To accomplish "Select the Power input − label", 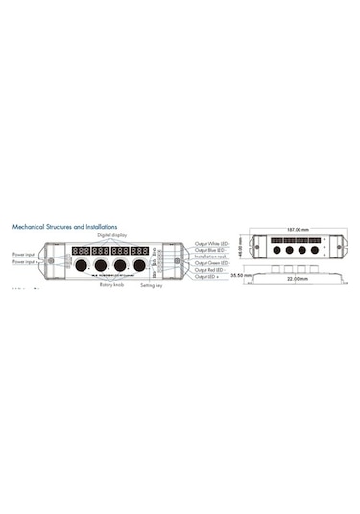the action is pyautogui.click(x=25, y=254).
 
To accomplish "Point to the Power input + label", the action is pyautogui.click(x=25, y=261).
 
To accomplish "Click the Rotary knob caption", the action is pyautogui.click(x=110, y=284).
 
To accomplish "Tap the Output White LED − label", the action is pyautogui.click(x=212, y=245).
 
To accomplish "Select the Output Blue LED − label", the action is pyautogui.click(x=211, y=252).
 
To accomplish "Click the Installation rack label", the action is pyautogui.click(x=211, y=257).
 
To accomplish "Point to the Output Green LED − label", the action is pyautogui.click(x=212, y=264).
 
